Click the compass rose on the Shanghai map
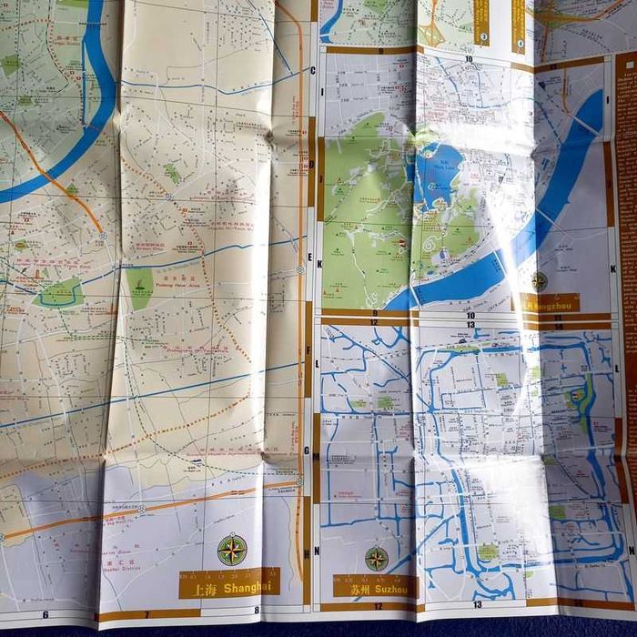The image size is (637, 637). pos(232,550)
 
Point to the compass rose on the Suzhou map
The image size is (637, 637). pos(377,558)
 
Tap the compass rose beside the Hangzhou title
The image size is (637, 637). pos(540,282)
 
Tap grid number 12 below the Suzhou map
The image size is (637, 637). pos(375,604)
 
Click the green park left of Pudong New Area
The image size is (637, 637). pos(139,287)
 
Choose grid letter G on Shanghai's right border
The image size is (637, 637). pos(307,450)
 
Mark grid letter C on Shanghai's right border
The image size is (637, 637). pos(312,70)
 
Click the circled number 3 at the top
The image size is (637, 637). pos(483,37)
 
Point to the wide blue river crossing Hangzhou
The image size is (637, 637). pos(546,200)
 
